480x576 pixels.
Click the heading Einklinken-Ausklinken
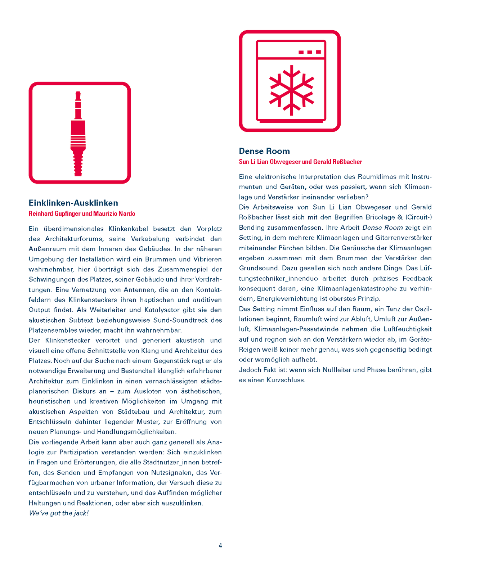[73, 203]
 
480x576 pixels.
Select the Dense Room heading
[264, 151]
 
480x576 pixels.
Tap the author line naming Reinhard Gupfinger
[82, 214]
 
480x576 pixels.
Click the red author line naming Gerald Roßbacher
[300, 162]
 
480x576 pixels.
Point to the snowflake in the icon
[291, 90]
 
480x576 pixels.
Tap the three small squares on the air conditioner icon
[310, 52]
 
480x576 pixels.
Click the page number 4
[220, 545]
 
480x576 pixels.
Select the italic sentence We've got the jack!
[59, 513]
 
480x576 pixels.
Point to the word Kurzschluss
[286, 380]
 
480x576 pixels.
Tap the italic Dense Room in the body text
[382, 228]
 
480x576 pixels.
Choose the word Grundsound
[259, 268]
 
